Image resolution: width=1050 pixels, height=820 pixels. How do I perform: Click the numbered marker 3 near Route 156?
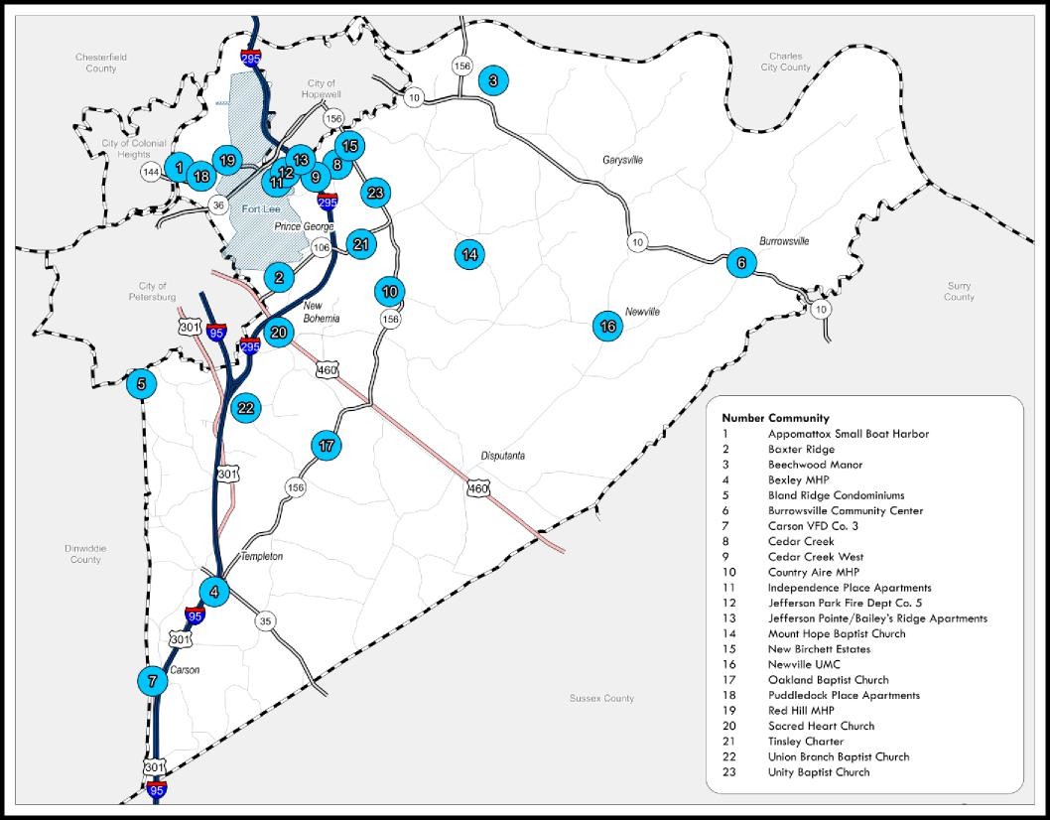(492, 81)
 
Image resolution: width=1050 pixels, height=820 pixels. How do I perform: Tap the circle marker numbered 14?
(469, 254)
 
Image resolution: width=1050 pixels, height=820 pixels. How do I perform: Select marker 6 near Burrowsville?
(741, 263)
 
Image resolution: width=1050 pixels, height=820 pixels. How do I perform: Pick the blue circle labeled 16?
(608, 326)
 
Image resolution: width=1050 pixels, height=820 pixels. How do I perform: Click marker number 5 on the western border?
(141, 384)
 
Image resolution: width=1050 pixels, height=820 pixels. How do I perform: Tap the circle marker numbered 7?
(152, 681)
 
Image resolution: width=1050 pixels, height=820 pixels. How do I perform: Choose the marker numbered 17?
(327, 446)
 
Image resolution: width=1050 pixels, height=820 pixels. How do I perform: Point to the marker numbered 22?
(246, 407)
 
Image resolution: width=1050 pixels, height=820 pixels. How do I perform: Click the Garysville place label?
(622, 160)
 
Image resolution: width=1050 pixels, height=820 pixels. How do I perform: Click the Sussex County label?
(601, 699)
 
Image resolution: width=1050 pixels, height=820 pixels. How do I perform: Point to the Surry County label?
(959, 291)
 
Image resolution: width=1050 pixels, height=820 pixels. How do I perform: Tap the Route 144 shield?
(151, 173)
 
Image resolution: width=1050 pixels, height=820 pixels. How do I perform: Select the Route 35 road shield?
(265, 621)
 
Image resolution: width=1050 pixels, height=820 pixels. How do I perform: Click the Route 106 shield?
(321, 247)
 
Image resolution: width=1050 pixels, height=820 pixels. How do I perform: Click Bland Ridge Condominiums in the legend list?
(836, 495)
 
